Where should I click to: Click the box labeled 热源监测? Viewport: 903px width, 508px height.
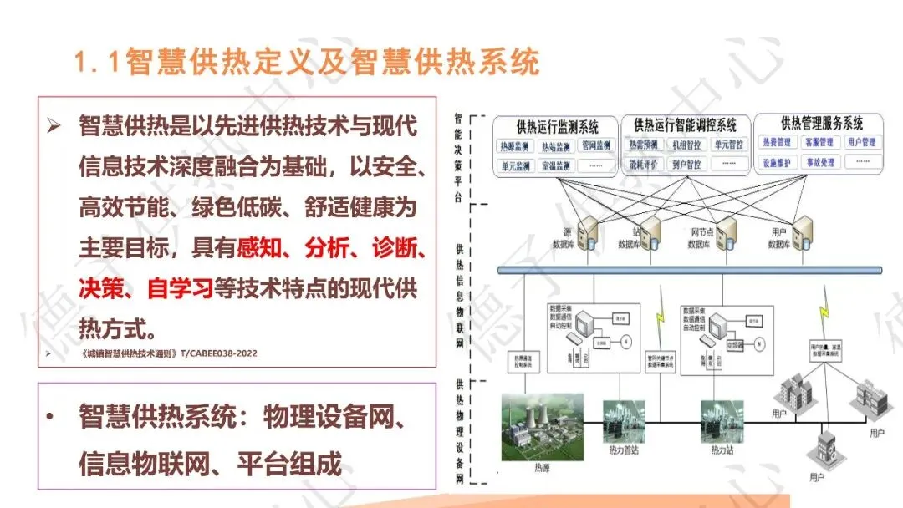513,146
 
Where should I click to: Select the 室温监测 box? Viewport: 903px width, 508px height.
555,165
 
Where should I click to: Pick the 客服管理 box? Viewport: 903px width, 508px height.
819,143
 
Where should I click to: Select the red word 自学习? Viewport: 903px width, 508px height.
179,287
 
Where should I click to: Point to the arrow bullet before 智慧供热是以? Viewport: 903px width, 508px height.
56,127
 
